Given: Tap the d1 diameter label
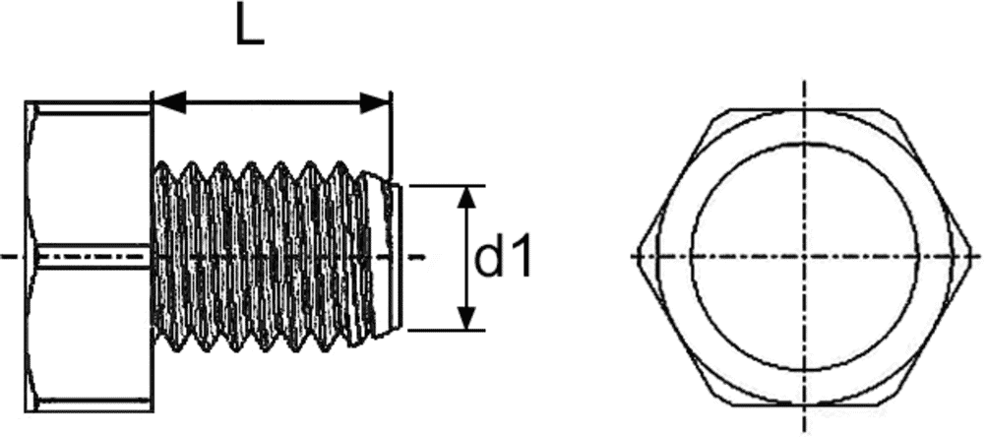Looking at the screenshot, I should (504, 259).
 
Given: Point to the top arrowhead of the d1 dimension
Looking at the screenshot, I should (468, 197).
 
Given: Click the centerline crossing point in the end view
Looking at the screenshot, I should (805, 257).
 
